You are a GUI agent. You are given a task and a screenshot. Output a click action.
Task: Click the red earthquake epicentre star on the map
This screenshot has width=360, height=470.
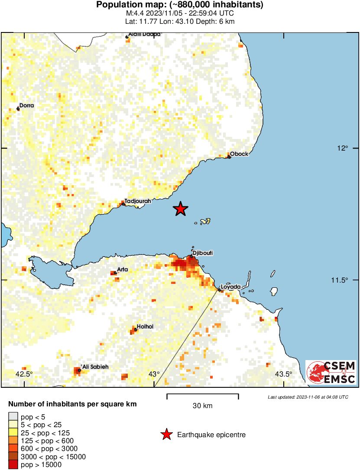pyautogui.click(x=181, y=209)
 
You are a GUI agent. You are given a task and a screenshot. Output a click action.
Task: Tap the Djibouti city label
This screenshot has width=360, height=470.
pyautogui.click(x=203, y=253)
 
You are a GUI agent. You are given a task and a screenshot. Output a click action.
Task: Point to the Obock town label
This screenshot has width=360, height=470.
pyautogui.click(x=239, y=154)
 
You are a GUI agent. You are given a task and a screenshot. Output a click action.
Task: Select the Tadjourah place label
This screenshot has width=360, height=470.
pyautogui.click(x=137, y=201)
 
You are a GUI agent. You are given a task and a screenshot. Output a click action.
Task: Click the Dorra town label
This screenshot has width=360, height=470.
pyautogui.click(x=26, y=105)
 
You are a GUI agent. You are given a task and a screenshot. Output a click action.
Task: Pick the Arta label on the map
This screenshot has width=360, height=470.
pyautogui.click(x=123, y=270)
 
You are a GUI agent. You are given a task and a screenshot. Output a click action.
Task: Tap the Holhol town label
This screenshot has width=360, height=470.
pyautogui.click(x=145, y=327)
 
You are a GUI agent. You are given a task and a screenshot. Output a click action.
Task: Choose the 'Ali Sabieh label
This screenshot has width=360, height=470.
pyautogui.click(x=94, y=367)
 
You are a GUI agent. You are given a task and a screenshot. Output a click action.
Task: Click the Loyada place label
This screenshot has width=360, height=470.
pyautogui.click(x=230, y=287)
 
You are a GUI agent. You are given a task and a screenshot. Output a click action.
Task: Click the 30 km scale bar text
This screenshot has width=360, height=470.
pyautogui.click(x=202, y=406)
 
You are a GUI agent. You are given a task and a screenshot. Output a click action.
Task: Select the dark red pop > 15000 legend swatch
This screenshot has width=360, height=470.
pyautogui.click(x=13, y=465)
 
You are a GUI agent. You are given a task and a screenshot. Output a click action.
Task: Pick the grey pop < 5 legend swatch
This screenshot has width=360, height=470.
pyautogui.click(x=13, y=417)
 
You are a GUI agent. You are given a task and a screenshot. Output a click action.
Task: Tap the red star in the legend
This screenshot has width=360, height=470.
pyautogui.click(x=166, y=435)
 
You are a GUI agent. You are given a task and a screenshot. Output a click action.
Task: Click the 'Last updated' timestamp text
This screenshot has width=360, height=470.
pyautogui.click(x=308, y=397)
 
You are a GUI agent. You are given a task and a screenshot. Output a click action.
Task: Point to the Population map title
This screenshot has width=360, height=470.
pyautogui.click(x=179, y=5)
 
